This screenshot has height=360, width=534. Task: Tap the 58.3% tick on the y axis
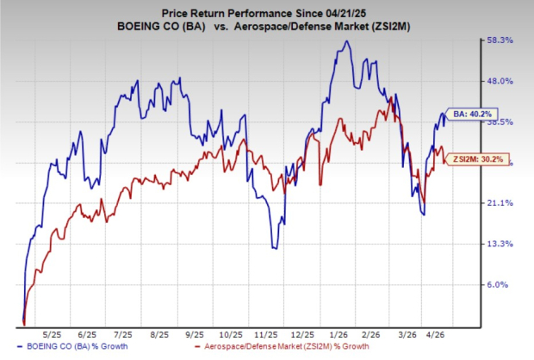503,40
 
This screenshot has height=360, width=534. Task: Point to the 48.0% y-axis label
503,81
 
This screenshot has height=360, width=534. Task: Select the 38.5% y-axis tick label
503,122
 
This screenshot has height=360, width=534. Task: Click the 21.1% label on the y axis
503,203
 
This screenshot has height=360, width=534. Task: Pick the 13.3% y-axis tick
503,244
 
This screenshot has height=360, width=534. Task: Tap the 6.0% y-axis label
503,284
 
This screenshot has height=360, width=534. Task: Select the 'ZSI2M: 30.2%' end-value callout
480,158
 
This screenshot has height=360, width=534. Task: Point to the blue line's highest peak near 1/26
345,40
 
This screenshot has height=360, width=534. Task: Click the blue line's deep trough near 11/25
274,248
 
